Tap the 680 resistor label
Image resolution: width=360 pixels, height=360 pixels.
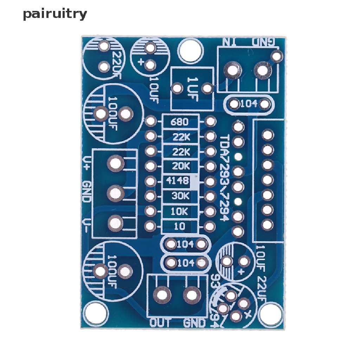pos(179,122)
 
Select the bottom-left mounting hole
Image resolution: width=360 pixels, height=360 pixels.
pos(97,314)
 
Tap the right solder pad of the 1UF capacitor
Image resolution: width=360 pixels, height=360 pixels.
pos(208,88)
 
